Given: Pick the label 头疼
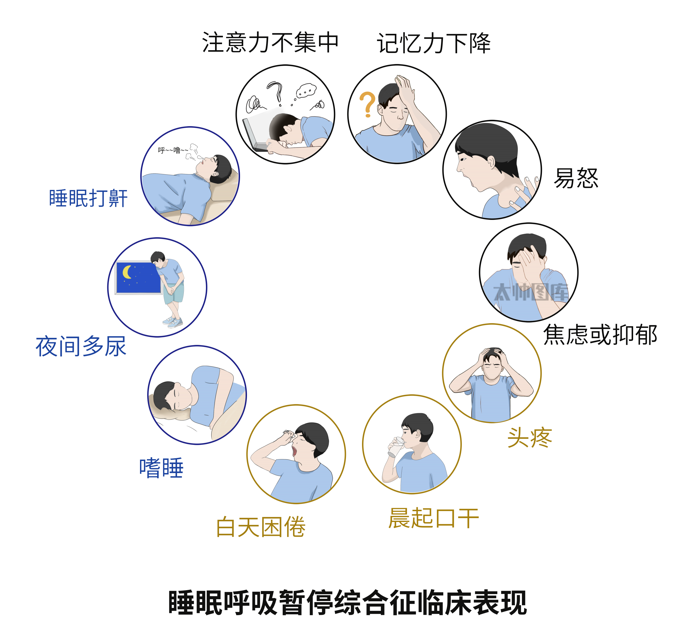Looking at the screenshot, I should click(x=529, y=438).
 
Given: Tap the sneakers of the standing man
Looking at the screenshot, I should click(x=173, y=322).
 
